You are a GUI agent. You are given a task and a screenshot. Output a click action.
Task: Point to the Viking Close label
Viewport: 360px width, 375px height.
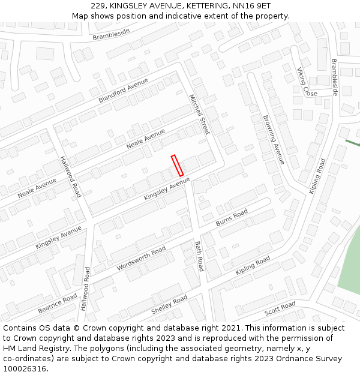307,82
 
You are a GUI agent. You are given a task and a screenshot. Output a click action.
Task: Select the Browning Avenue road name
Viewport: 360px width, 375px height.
274,140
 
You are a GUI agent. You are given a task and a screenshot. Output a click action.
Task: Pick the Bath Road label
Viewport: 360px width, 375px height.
199,256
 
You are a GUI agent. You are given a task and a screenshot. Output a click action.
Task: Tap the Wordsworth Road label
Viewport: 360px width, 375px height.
141,259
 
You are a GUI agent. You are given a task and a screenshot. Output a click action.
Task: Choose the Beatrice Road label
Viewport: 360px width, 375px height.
58,304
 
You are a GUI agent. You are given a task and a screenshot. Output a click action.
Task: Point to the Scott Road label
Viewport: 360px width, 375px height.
280,309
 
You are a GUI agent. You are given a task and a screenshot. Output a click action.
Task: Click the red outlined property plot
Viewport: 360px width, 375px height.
177,166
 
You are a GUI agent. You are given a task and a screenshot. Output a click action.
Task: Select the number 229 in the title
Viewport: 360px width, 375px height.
98,5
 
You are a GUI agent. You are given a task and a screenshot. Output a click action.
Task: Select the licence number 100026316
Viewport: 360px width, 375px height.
26,369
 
